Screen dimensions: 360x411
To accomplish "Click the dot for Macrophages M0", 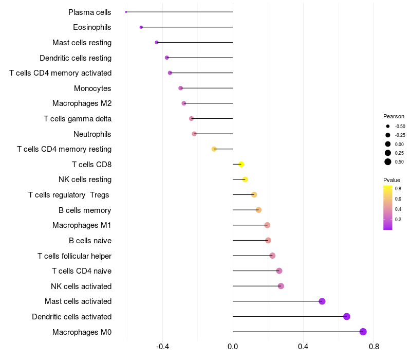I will coord(363,332).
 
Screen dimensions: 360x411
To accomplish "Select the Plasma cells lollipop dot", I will coord(126,12).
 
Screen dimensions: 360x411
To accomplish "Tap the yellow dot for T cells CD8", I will coord(241,164).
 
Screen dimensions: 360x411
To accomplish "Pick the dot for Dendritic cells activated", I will coord(347,316).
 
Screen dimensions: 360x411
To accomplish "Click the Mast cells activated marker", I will coord(322,301).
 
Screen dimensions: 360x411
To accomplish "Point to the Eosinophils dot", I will coord(141,27).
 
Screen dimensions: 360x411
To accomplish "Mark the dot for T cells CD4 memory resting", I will coord(214,149).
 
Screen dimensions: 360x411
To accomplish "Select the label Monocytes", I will coord(92,88).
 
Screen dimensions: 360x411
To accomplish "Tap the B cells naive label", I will coord(90,241).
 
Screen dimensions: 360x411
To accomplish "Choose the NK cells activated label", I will coord(81,286).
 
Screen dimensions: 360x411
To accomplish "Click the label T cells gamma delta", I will coord(78,119).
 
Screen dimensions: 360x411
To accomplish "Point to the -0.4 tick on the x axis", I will coord(163,347).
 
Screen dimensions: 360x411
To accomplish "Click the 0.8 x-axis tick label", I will coord(373,347).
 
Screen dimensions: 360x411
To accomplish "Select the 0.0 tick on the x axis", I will coord(233,347).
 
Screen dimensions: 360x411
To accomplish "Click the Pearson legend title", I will coord(394,116).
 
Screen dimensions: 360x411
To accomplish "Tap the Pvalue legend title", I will coord(391,180).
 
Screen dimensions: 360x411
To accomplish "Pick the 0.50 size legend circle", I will coord(388,161).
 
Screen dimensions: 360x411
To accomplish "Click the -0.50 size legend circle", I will coord(388,126).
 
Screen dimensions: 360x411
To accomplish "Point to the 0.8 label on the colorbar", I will coord(398,189).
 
